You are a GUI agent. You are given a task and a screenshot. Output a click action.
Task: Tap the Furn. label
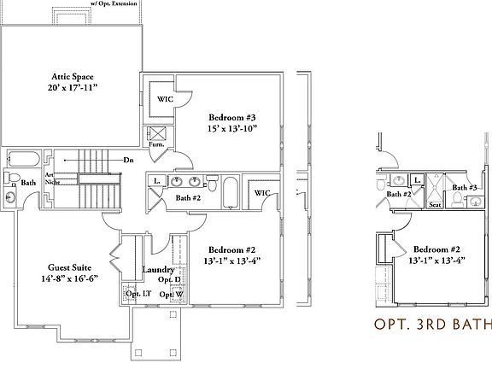point(157,145)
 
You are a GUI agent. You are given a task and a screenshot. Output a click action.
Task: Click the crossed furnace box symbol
point(158,133)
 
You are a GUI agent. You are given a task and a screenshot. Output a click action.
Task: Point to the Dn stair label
point(128,160)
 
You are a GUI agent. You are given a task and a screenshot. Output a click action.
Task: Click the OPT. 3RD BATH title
point(433,324)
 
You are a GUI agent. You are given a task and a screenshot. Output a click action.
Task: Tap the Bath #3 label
point(465,187)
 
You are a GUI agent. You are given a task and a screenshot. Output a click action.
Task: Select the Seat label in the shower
point(434,204)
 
